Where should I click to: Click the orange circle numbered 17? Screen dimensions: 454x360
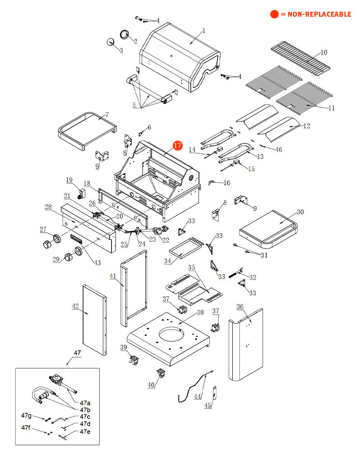[177, 146]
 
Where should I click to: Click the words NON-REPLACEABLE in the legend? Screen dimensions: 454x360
[316, 14]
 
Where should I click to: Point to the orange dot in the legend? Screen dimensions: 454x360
[274, 14]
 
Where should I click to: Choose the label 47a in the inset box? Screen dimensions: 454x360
[85, 403]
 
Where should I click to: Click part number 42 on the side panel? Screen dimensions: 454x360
[75, 306]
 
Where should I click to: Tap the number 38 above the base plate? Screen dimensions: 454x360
[200, 312]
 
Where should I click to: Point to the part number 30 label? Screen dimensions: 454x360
[300, 212]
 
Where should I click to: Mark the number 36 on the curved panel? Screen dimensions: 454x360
[240, 307]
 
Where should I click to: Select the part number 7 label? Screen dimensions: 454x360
[106, 115]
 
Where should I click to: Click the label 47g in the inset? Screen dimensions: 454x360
[26, 415]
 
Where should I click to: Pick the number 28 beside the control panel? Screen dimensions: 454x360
[48, 207]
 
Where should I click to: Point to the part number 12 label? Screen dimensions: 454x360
[306, 126]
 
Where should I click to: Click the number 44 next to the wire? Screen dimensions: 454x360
[198, 396]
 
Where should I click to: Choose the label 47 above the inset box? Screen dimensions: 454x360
[77, 353]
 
